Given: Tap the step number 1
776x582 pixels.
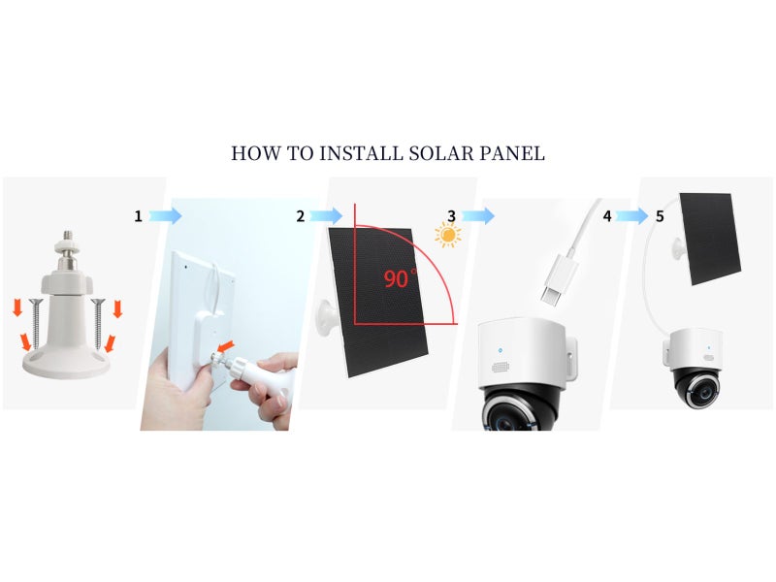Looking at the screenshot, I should click(x=138, y=216).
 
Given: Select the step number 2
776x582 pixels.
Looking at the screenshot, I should click(x=301, y=216).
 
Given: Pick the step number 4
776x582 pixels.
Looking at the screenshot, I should click(x=607, y=215).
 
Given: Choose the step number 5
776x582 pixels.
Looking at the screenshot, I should click(x=660, y=215).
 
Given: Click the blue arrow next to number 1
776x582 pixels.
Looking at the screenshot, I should click(x=166, y=216).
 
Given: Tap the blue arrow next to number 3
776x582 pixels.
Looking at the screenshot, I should click(x=478, y=215).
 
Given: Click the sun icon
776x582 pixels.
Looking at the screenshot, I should click(x=447, y=235).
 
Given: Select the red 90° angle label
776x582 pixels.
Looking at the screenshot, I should click(x=398, y=278).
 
